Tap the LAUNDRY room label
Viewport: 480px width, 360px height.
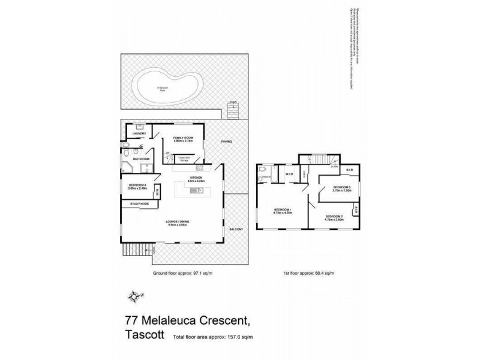point(131,134)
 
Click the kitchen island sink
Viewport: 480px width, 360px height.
point(196,191)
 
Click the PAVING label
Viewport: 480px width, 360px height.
point(226,142)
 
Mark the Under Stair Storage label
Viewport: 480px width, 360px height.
point(182,158)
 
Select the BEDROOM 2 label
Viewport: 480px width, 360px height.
point(334,217)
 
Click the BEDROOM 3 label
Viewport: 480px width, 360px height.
point(341,187)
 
